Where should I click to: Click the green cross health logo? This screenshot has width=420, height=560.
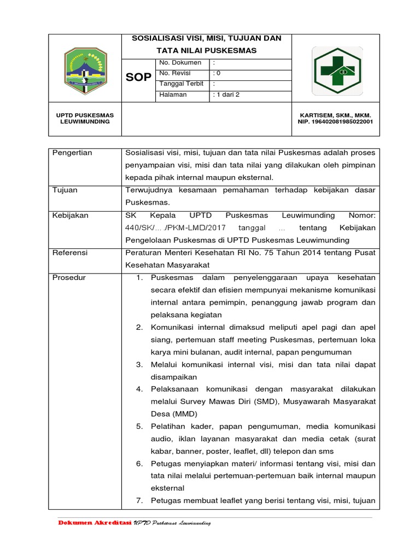[x=336, y=71]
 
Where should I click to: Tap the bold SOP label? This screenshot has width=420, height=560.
[x=138, y=77]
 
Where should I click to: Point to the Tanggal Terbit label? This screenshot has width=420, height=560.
[x=181, y=84]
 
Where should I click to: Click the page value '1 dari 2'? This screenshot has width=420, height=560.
[x=227, y=95]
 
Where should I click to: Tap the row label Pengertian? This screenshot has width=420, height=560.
[x=72, y=153]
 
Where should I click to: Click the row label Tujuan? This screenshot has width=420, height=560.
[x=65, y=190]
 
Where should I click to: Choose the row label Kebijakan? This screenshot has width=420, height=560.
[x=70, y=215]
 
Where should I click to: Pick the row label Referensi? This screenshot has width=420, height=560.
[x=70, y=253]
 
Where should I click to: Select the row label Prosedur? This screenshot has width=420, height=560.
[x=68, y=278]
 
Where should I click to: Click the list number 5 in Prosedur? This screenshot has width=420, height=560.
[x=139, y=427]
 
